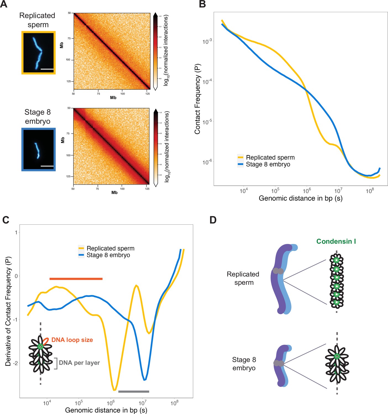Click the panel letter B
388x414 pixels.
coord(202,4)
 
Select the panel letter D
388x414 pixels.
coord(213,220)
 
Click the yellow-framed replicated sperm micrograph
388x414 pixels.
coord(39,53)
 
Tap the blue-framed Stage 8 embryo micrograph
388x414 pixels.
coord(39,149)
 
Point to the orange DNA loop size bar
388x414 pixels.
coord(76,279)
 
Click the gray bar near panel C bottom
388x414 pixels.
coord(134,391)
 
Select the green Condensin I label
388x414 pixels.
coord(336,242)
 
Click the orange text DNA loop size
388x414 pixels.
coord(72,340)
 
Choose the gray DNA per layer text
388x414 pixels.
coord(79,363)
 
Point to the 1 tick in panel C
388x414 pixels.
coord(16,232)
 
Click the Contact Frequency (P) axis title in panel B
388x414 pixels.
coord(197,99)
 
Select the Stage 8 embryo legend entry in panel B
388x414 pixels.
coord(268,164)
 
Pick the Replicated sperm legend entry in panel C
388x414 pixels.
coord(111,248)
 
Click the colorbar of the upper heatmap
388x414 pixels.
coord(156,52)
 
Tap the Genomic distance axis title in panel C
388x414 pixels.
coord(106,410)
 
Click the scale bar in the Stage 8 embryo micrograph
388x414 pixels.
coord(47,166)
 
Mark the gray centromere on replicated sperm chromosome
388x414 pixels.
coord(278,271)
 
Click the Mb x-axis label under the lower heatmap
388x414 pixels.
coord(114,193)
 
